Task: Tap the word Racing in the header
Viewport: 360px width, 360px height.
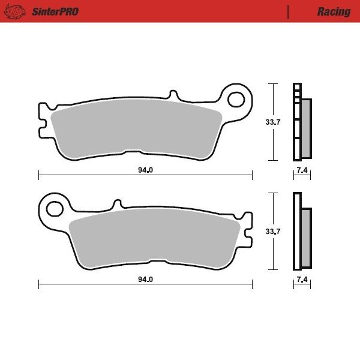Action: click(x=334, y=11)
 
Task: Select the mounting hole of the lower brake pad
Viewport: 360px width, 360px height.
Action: click(x=55, y=208)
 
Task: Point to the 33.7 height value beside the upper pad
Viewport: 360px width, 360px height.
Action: click(x=274, y=122)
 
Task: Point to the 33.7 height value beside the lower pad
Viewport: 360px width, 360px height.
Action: click(x=274, y=232)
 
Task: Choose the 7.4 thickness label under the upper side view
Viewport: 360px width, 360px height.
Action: click(x=302, y=170)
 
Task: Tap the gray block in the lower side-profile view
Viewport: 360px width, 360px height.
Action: click(x=306, y=238)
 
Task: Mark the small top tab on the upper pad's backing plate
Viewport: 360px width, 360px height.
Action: click(x=173, y=95)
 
